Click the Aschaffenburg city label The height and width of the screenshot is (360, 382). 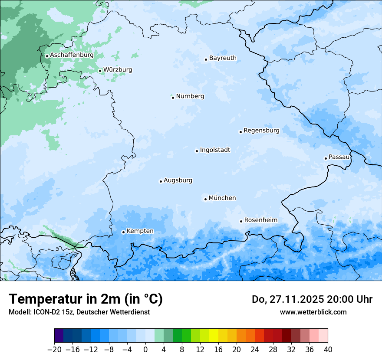click(72, 55)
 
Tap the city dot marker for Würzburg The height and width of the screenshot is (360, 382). click(100, 71)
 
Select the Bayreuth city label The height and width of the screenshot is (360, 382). click(223, 58)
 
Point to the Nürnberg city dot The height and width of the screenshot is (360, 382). click(173, 98)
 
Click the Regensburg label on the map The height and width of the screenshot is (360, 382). click(261, 131)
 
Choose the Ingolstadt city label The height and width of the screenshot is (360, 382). click(215, 150)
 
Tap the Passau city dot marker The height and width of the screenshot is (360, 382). click(326, 158)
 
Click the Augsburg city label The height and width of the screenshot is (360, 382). click(178, 180)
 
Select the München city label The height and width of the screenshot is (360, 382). click(222, 198)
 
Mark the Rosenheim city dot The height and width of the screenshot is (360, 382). click(241, 221)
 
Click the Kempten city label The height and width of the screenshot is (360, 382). click(140, 231)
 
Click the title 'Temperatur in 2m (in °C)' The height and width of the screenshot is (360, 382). click(86, 299)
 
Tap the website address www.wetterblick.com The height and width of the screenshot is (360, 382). click(313, 312)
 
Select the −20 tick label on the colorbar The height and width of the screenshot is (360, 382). click(55, 350)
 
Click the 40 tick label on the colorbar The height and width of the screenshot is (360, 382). click(328, 350)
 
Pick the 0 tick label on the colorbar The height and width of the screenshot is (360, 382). click(145, 350)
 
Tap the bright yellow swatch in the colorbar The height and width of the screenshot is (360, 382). click(214, 336)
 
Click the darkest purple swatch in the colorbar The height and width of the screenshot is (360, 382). click(59, 336)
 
